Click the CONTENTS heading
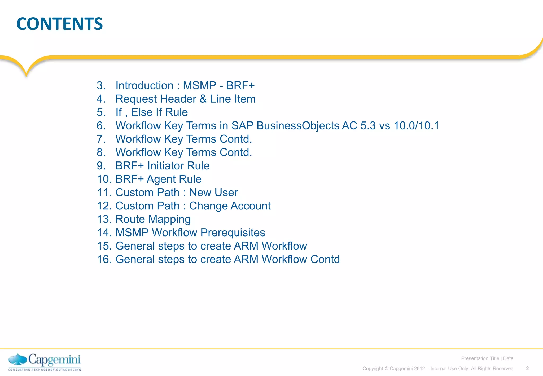60,24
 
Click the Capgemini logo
45,362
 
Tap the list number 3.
101,86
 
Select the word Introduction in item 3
144,86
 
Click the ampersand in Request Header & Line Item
203,99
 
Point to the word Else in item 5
142,112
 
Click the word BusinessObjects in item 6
298,126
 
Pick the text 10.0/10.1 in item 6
416,126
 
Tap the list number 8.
101,152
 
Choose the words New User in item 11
213,193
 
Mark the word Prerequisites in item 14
233,233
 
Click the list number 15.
104,246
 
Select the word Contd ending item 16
325,259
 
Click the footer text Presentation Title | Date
487,358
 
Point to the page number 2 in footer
527,368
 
